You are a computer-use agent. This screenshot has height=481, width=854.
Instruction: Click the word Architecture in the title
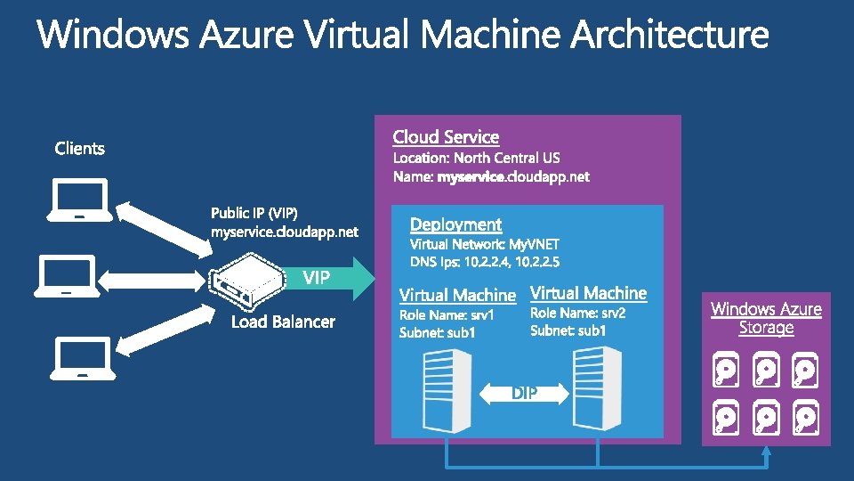tap(669, 36)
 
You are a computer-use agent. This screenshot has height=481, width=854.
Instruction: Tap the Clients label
tap(79, 148)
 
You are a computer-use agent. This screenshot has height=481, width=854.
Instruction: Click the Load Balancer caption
tap(283, 322)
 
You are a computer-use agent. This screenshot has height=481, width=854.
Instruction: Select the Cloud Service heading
tap(446, 137)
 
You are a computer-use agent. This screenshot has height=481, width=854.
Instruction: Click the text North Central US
tap(507, 158)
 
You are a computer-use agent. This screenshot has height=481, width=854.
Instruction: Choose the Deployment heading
tap(455, 224)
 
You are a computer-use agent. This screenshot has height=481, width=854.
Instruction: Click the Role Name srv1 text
tap(447, 314)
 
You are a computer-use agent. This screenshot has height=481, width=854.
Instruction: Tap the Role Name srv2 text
tap(577, 314)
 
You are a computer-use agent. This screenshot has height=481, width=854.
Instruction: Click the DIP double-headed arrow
tap(524, 393)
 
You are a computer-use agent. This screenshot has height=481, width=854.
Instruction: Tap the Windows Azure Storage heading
tap(766, 318)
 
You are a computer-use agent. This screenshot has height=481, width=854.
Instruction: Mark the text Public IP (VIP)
tap(254, 214)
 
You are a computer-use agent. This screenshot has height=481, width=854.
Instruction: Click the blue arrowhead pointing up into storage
tap(766, 452)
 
